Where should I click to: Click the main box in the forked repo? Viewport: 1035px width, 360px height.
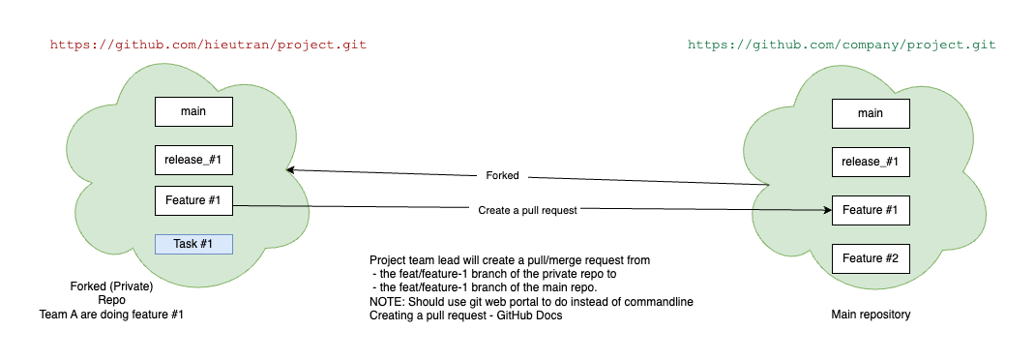(193, 111)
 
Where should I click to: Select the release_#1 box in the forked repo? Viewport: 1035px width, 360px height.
(193, 160)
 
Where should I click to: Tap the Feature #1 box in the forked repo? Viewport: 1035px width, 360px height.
(193, 201)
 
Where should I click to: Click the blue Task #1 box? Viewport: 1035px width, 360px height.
(193, 244)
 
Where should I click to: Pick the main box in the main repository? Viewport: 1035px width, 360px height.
(871, 113)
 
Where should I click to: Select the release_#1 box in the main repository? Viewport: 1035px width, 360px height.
(871, 162)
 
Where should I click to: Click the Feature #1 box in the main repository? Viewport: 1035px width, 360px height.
(871, 210)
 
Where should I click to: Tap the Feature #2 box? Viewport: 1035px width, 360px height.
(871, 258)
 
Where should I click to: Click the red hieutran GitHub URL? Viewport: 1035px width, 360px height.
(208, 45)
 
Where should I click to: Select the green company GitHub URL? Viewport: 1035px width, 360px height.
(842, 45)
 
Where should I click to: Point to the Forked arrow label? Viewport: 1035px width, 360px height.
(502, 176)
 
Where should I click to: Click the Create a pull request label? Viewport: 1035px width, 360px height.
(527, 210)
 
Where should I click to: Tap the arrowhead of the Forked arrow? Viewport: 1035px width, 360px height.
(290, 170)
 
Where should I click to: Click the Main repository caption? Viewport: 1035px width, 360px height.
(871, 315)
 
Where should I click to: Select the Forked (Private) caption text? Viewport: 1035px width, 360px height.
(111, 286)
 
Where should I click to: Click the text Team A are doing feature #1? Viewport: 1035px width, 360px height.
(111, 315)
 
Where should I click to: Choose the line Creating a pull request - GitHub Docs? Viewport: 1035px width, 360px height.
(466, 315)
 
